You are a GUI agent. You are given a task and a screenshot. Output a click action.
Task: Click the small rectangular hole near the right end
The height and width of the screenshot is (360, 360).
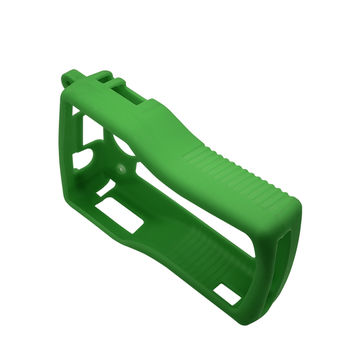228,295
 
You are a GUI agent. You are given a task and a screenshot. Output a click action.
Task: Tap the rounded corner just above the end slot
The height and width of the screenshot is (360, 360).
296,205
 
